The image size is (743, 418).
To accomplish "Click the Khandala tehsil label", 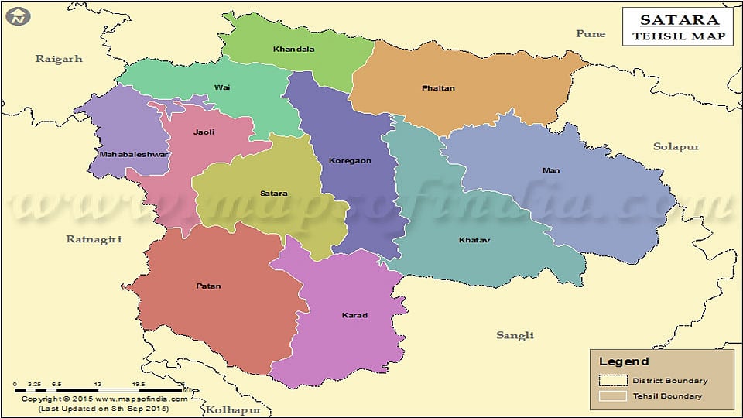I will tap(293, 50).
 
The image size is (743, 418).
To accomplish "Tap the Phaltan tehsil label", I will tap(438, 88).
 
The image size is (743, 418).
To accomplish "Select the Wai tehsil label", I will tap(222, 87).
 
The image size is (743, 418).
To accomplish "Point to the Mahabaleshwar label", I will tap(123, 155).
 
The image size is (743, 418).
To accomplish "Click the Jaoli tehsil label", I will tap(204, 132).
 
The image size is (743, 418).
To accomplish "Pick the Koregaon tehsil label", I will tap(350, 161).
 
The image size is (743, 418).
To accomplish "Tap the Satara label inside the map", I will tap(273, 194).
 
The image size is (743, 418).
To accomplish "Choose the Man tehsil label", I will tap(551, 170).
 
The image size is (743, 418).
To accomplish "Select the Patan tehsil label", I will tap(208, 286).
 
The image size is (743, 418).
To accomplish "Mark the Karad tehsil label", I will tap(354, 315).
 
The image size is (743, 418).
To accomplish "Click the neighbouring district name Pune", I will tap(591, 33).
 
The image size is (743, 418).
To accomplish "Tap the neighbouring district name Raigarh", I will tap(59, 59).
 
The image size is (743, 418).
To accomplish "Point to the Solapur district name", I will tap(676, 146).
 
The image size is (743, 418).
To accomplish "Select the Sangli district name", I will tap(515, 335).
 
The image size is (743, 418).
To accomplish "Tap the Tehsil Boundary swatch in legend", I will tap(612, 396).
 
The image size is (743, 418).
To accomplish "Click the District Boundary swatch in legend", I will tap(612, 380).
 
